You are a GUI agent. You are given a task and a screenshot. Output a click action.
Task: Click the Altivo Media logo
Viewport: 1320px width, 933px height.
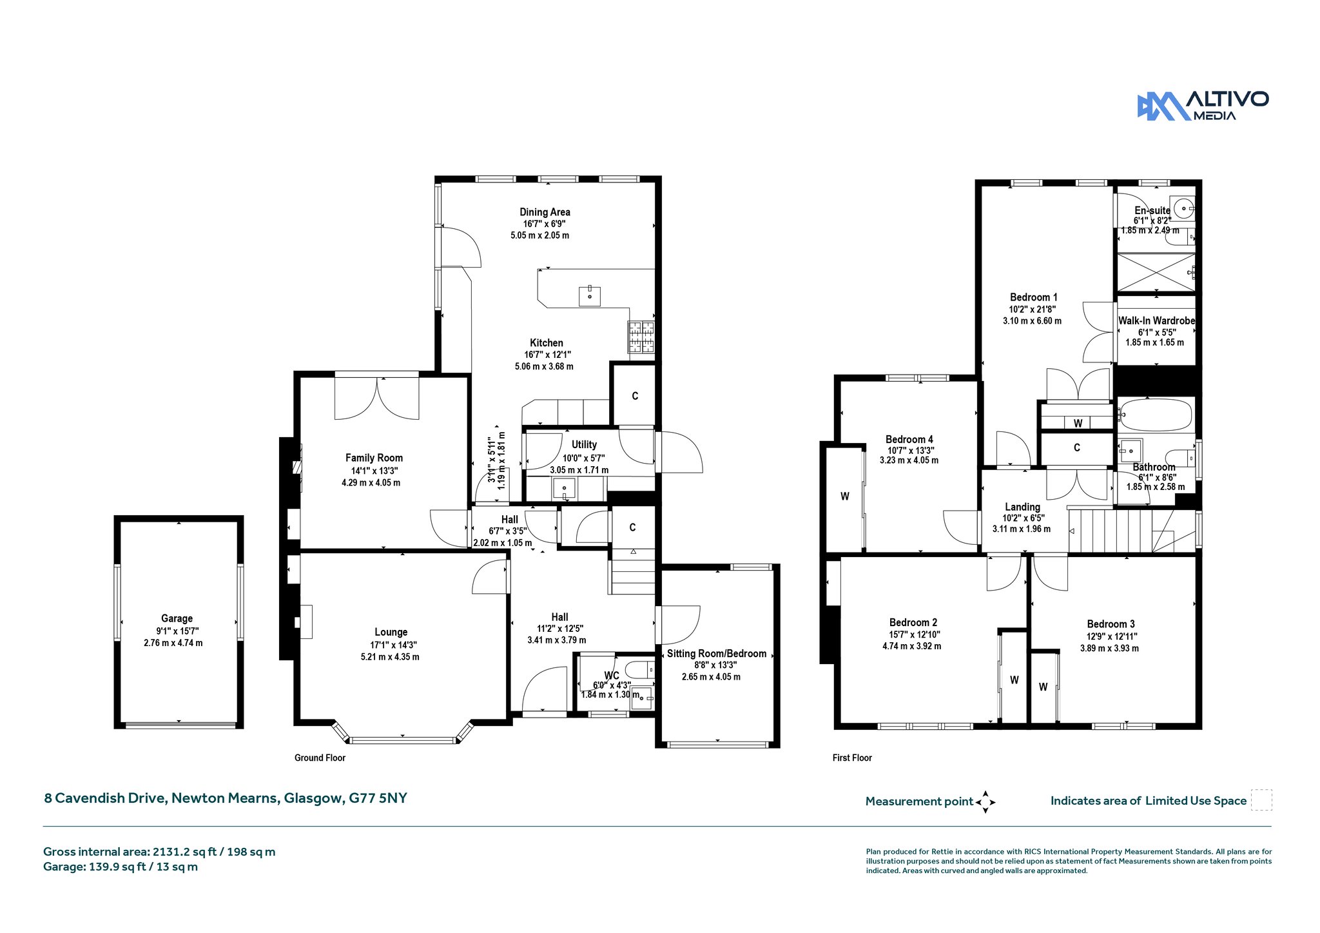(1203, 106)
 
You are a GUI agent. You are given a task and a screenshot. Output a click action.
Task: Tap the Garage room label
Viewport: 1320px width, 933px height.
(177, 618)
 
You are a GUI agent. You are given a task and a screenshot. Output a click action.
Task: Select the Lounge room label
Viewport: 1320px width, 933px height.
(391, 633)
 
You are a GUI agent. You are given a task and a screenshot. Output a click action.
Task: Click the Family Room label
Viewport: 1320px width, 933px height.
(374, 458)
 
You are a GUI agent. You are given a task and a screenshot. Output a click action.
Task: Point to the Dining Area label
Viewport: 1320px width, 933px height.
(545, 212)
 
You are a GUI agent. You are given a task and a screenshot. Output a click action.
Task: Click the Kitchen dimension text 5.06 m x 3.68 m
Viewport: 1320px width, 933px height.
(544, 367)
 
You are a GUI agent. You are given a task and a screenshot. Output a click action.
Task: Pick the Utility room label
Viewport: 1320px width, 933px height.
(584, 445)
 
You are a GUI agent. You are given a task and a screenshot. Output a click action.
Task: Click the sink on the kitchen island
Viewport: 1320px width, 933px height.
(590, 296)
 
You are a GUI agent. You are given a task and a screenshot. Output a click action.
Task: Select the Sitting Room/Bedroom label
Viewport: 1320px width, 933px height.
(717, 654)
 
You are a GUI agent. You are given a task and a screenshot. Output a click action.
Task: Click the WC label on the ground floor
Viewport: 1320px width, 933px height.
(612, 676)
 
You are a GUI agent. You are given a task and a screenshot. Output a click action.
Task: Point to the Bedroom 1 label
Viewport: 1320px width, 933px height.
(1033, 297)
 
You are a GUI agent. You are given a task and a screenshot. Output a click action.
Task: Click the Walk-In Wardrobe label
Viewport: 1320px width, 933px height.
(1156, 320)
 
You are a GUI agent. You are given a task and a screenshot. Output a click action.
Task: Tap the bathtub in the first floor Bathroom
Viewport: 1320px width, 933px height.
(1156, 414)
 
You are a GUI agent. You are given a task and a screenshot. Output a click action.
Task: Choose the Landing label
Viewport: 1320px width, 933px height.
(1022, 507)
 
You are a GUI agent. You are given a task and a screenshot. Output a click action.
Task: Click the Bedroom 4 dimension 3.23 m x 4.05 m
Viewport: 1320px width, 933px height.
(909, 461)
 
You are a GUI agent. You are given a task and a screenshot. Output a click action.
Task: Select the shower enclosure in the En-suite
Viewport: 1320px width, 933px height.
(1156, 272)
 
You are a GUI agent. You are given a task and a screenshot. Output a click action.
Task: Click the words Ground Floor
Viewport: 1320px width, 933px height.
(320, 758)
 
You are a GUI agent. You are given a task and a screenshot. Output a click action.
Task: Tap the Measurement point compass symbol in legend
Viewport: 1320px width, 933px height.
(985, 802)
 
